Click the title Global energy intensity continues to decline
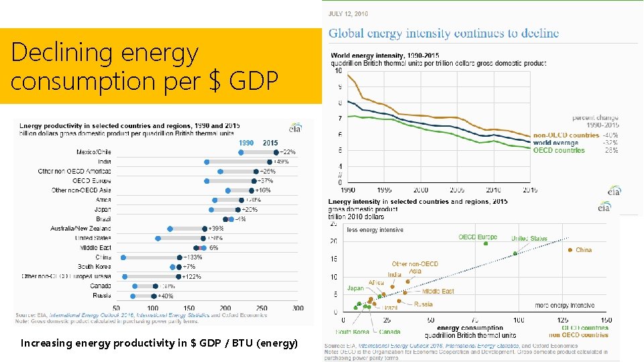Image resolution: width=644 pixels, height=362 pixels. [x=443, y=34]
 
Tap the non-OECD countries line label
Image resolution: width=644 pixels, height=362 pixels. [x=566, y=135]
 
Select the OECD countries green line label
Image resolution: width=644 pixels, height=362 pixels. [x=559, y=151]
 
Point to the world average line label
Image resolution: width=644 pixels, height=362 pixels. [x=555, y=143]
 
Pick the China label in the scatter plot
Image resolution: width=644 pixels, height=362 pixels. [x=584, y=250]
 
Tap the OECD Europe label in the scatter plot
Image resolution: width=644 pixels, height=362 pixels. [x=478, y=237]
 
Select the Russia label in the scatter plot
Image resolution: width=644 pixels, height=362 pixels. [x=423, y=304]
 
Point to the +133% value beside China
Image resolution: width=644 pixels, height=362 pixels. [x=194, y=257]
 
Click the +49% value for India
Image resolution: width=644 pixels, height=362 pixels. [x=282, y=162]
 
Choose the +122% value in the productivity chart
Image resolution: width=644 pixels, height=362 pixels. [x=193, y=276]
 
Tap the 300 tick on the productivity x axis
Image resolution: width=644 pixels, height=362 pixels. [x=298, y=308]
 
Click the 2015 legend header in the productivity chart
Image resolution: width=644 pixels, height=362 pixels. [x=270, y=143]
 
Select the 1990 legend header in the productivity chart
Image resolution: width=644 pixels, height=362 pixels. [x=247, y=143]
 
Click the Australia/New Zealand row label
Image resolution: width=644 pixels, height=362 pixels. [x=80, y=229]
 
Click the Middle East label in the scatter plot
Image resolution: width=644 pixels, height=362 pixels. [x=438, y=292]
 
